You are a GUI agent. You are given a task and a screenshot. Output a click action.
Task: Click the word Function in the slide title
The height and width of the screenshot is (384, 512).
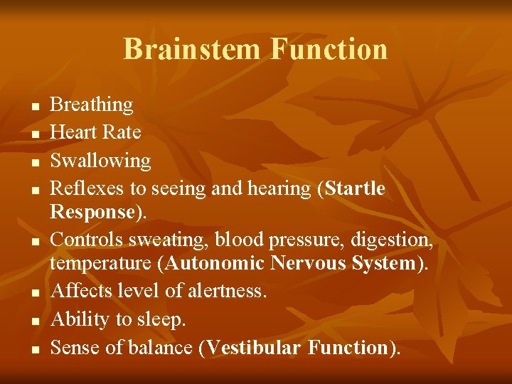click(329, 50)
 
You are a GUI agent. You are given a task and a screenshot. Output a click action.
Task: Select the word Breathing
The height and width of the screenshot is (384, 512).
click(92, 105)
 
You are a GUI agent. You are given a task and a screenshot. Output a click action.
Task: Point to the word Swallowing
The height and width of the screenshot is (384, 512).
click(100, 161)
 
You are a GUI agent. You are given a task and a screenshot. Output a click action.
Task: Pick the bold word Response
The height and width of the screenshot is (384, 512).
click(92, 213)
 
